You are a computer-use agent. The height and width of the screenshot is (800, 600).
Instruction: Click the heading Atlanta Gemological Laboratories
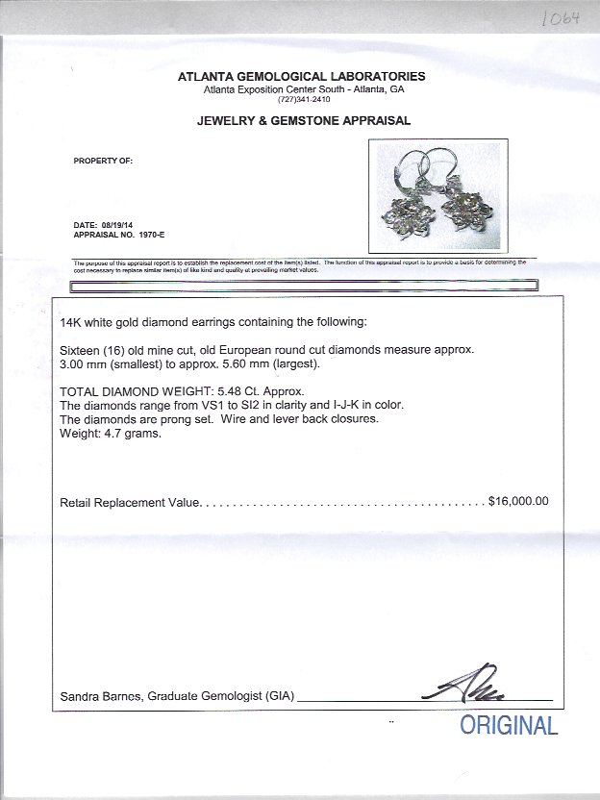(x=302, y=77)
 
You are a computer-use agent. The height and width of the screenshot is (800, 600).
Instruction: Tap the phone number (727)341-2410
(x=303, y=99)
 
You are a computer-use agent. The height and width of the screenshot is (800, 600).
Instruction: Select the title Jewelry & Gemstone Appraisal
(x=303, y=121)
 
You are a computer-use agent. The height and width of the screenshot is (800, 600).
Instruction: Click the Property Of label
(x=103, y=161)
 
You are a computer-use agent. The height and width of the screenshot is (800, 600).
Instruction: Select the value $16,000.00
(x=518, y=501)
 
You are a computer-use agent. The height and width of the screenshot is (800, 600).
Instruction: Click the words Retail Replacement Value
(x=129, y=502)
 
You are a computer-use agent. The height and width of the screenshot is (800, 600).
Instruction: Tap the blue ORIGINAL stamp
(x=509, y=726)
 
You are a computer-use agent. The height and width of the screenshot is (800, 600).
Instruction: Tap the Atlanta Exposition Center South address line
(x=303, y=89)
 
